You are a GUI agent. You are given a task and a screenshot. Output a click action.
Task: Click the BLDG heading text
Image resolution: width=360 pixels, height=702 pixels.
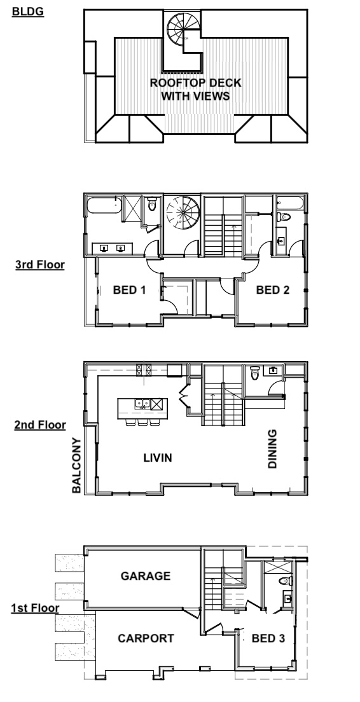(28, 11)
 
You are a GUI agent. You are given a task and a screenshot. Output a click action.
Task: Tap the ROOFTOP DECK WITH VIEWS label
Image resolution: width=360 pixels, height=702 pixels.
(195, 90)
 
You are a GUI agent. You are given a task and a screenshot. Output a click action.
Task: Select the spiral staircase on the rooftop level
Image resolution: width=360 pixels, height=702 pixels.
(184, 29)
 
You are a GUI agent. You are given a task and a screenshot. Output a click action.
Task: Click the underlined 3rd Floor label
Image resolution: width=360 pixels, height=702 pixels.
(40, 265)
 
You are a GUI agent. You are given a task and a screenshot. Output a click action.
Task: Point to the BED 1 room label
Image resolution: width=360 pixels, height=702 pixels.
(129, 290)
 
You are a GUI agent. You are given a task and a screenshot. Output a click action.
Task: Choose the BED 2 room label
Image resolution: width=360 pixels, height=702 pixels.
(273, 290)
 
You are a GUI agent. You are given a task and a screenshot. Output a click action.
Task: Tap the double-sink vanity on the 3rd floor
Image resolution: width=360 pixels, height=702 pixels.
(112, 248)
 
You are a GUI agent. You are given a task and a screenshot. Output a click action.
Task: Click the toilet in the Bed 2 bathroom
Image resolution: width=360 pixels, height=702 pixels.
(284, 217)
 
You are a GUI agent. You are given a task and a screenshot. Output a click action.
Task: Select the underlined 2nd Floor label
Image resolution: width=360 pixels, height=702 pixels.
(40, 425)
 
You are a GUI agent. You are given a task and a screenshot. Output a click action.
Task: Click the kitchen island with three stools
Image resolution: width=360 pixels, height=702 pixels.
(143, 411)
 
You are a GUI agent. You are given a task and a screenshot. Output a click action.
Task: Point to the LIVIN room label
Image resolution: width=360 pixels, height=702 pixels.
(158, 458)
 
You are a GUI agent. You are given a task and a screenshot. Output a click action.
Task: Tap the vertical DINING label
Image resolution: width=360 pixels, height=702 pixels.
(272, 449)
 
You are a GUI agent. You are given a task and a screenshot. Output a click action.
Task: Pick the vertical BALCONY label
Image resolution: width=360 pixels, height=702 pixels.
(76, 465)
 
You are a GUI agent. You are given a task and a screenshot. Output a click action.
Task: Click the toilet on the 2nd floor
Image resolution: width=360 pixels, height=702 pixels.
(255, 373)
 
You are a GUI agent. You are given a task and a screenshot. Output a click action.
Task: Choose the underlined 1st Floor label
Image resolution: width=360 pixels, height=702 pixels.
(36, 608)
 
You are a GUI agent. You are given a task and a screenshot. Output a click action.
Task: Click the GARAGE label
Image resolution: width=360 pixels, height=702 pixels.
(146, 575)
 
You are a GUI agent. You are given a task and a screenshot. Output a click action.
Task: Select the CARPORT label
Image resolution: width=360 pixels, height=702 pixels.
(146, 638)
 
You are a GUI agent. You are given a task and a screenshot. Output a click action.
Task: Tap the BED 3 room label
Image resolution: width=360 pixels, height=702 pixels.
(268, 638)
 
